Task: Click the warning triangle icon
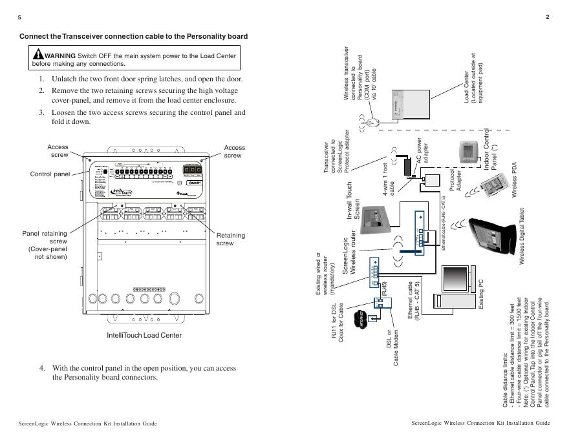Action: (39, 55)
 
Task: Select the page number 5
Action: (20, 17)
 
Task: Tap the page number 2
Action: (547, 17)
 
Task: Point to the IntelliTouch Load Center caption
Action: (144, 335)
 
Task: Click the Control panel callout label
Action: (50, 174)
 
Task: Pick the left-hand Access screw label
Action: (58, 151)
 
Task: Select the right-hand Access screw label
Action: (234, 151)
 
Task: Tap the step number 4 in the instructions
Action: (41, 368)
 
